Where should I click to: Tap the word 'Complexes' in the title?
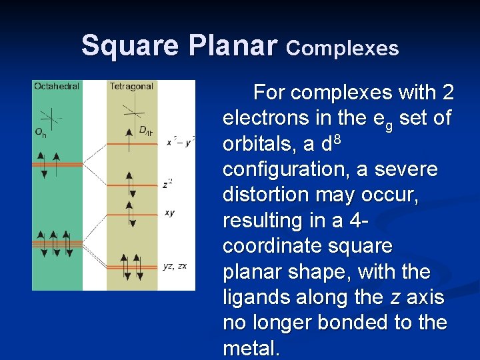pos(343,48)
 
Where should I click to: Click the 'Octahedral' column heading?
pos(57,86)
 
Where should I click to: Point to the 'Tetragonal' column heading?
pos(131,86)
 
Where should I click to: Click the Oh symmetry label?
pos(41,132)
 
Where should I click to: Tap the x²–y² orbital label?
pos(180,142)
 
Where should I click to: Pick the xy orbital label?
pos(169,213)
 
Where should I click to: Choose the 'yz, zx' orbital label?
pos(175,266)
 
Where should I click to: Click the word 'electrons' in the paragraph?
pos(261,118)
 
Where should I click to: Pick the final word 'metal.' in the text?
pos(250,348)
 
